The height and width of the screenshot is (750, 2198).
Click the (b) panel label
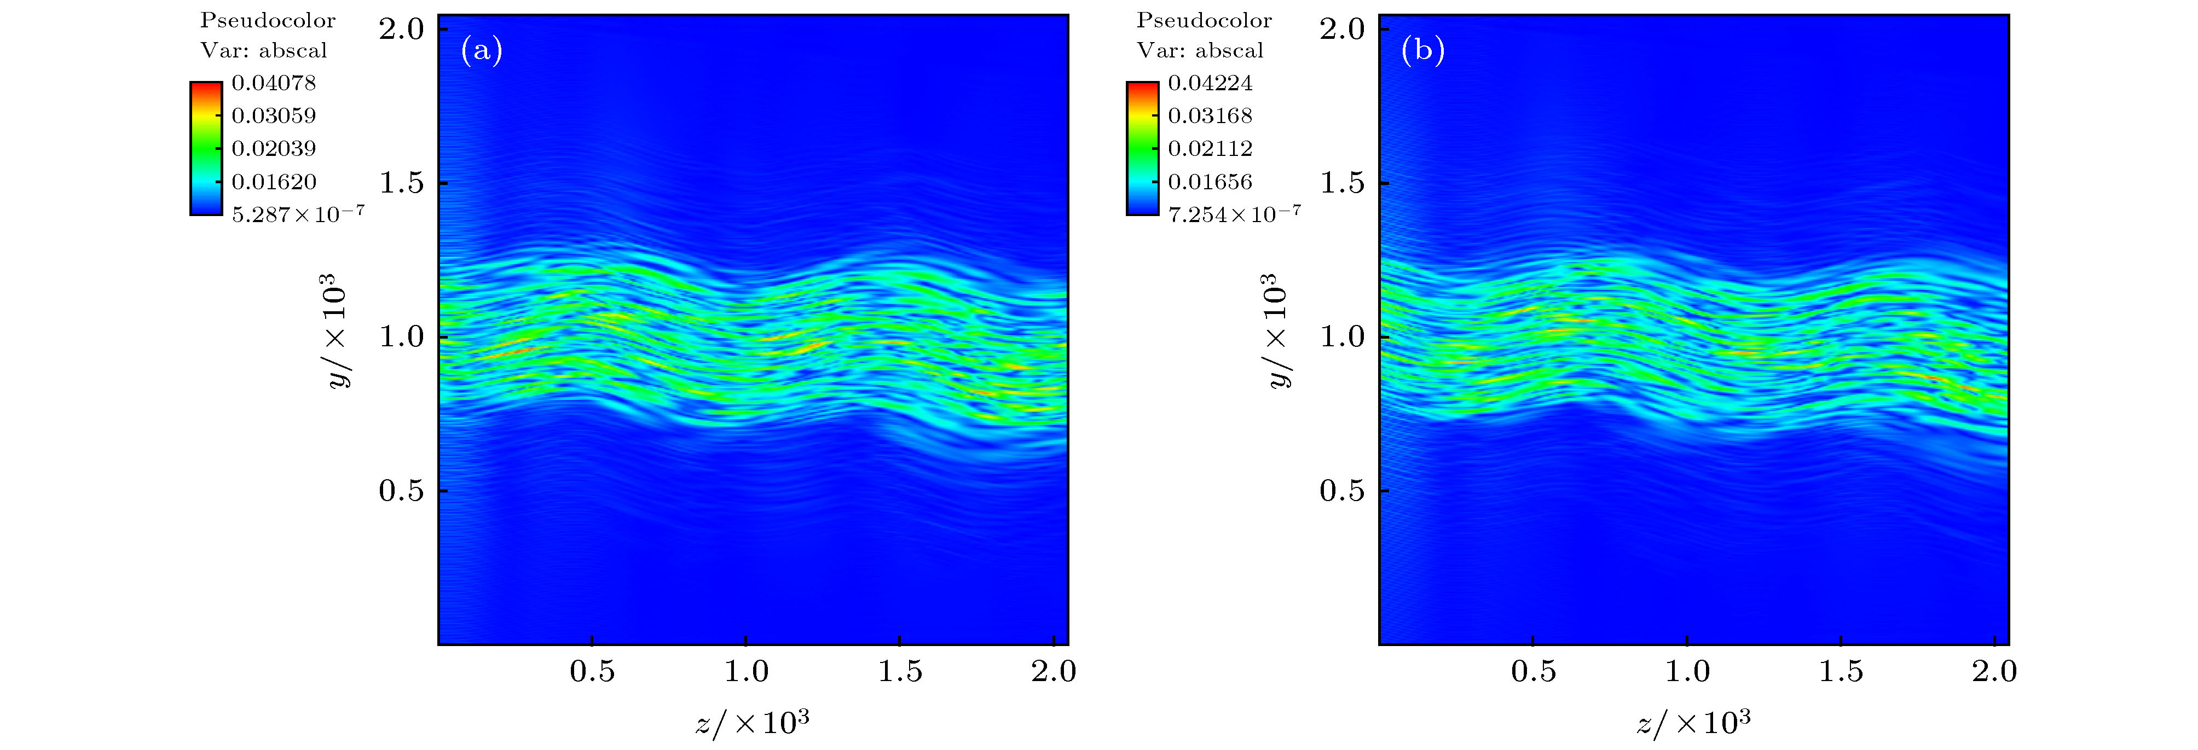[x=1422, y=52]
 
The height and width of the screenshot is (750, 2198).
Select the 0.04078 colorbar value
[x=273, y=83]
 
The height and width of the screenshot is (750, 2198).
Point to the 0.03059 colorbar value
[x=273, y=115]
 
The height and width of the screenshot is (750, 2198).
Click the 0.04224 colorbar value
[x=1210, y=83]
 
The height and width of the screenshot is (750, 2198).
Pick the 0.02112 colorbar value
[x=1210, y=148]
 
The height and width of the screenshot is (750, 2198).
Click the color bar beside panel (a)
[x=206, y=148]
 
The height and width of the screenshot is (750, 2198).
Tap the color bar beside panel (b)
[x=1143, y=148]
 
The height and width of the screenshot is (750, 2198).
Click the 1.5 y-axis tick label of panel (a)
[x=402, y=183]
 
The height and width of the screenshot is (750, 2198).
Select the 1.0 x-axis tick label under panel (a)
[x=747, y=672]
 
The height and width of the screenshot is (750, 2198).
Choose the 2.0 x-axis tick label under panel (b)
[x=1994, y=672]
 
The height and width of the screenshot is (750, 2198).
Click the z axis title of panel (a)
[x=751, y=724]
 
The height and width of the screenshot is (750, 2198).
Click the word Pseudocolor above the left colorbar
[x=268, y=20]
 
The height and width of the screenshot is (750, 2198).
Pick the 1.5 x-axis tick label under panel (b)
[x=1841, y=672]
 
